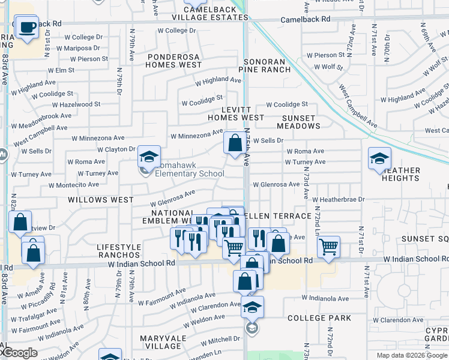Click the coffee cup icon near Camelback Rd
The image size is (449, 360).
[x=27, y=28]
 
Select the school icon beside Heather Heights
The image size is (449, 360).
[x=379, y=159]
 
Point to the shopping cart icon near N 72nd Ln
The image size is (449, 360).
[x=328, y=247]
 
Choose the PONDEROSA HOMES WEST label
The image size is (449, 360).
[x=174, y=60]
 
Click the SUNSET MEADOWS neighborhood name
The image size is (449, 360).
[x=298, y=122]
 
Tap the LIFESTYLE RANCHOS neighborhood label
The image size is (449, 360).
[x=119, y=251]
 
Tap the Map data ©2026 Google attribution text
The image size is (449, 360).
[x=412, y=355]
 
